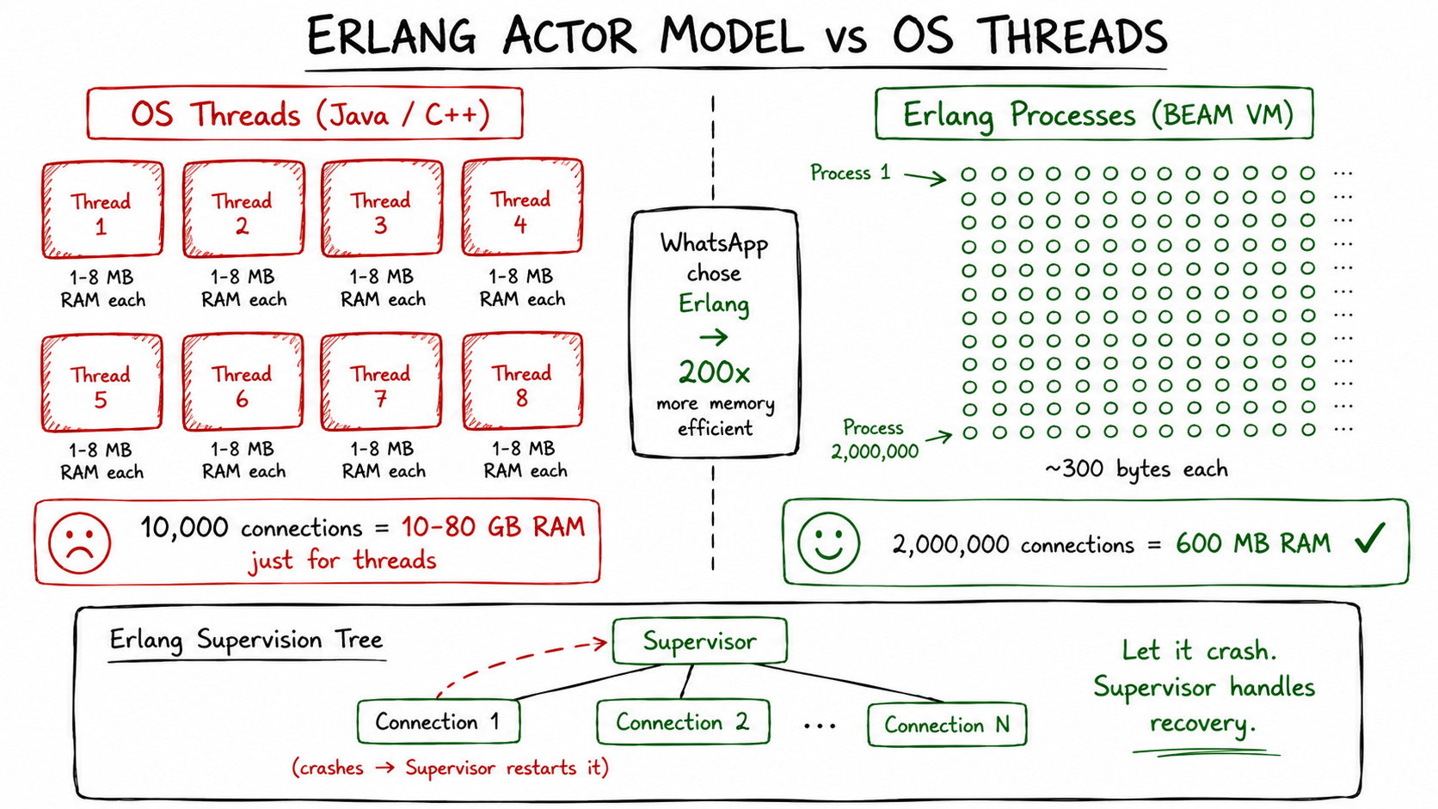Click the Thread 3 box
coord(382,209)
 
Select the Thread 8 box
coord(523,381)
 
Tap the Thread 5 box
coord(101,383)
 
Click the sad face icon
coord(80,542)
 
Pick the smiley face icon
coord(828,542)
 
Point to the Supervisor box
coord(700,640)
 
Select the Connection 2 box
coord(683,722)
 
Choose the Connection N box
coord(947,724)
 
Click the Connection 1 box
coord(439,721)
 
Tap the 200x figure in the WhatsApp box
coord(714,372)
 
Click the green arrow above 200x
coord(713,337)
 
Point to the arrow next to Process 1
coord(925,177)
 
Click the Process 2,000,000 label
coord(875,439)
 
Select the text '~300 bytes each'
coord(1136,469)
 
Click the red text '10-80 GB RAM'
coord(493,527)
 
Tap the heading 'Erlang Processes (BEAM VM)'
coord(1097,115)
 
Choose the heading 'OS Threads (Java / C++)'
coord(310,115)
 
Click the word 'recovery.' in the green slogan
coord(1201,724)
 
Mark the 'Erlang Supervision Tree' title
coord(247,640)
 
